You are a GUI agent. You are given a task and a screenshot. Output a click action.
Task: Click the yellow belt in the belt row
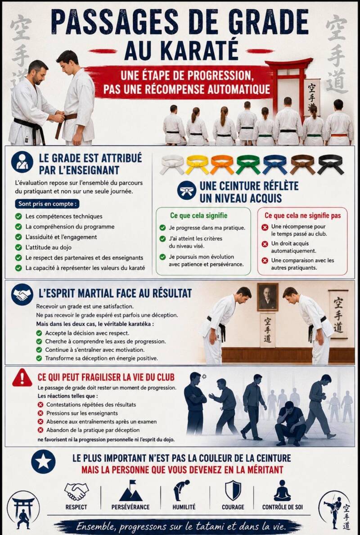point(197,164)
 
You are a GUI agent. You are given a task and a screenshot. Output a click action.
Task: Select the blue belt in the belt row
point(275,164)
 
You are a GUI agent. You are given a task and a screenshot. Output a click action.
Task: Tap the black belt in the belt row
point(330,164)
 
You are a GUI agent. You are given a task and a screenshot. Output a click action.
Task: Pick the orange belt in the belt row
point(222,164)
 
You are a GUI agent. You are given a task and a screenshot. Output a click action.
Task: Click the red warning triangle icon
point(22,378)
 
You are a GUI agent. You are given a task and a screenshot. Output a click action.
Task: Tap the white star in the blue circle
point(43,462)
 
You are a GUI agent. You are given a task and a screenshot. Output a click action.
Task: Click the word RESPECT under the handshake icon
point(76,507)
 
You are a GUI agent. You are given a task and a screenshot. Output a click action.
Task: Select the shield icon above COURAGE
point(233,490)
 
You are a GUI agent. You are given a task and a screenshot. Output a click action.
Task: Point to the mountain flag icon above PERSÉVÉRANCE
point(130,490)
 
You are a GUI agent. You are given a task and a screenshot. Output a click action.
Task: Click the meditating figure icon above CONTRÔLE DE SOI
point(282,490)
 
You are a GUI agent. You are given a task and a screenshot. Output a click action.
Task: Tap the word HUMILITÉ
point(184,507)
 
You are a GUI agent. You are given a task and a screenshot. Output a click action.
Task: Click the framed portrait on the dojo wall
point(268,297)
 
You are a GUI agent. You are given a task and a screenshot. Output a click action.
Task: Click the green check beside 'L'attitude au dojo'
point(18,247)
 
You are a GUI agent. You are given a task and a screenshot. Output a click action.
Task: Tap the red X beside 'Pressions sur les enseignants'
point(40,413)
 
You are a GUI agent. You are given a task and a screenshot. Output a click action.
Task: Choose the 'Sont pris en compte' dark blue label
point(47,204)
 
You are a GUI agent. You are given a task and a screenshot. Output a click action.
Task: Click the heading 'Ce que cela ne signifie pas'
point(303,215)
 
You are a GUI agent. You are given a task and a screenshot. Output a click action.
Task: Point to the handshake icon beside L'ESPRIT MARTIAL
point(22,294)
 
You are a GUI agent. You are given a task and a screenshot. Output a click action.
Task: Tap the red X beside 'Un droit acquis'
point(265,244)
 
